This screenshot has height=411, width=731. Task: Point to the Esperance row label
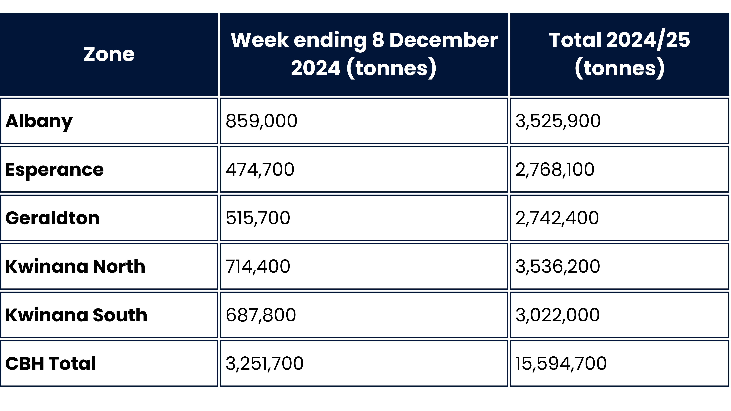pyautogui.click(x=54, y=170)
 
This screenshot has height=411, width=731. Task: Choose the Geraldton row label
pyautogui.click(x=53, y=218)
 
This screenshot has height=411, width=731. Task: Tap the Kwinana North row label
pyautogui.click(x=75, y=267)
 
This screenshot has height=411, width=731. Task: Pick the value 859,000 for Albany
pyautogui.click(x=261, y=121)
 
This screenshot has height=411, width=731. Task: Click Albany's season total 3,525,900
pyautogui.click(x=558, y=121)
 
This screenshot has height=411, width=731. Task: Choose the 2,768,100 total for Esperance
pyautogui.click(x=555, y=170)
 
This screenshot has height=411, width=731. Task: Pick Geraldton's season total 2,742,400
pyautogui.click(x=557, y=218)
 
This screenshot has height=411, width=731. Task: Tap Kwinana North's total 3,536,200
pyautogui.click(x=558, y=267)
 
